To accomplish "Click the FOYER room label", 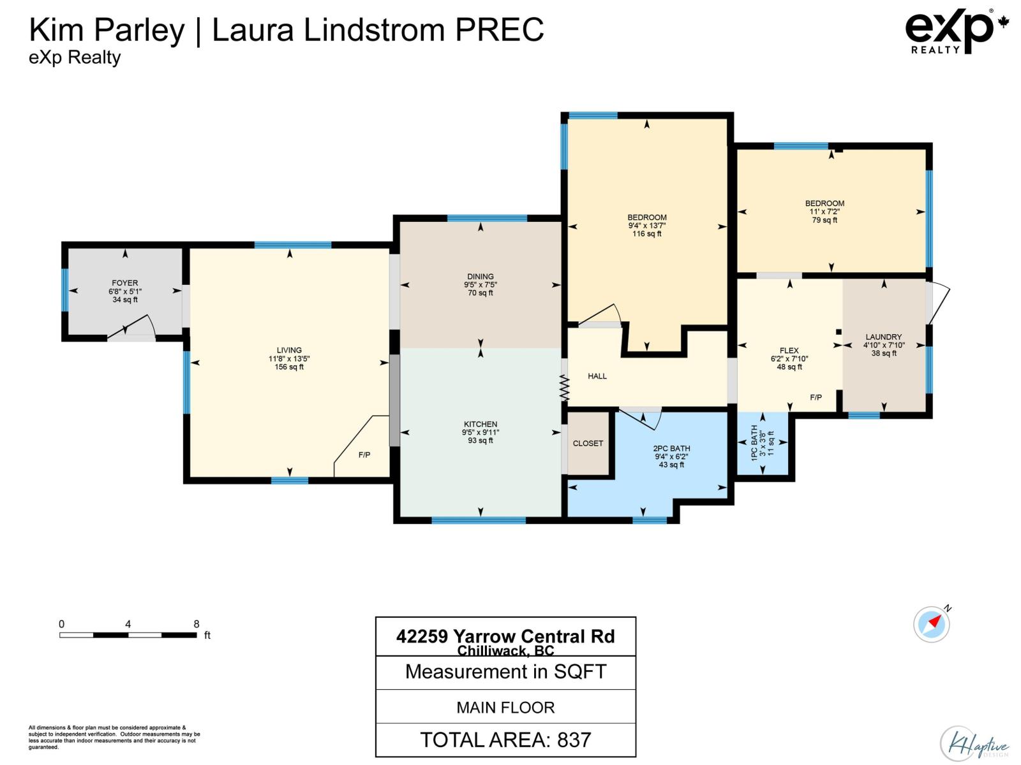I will pyautogui.click(x=125, y=283).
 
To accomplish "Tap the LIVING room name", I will pyautogui.click(x=289, y=350).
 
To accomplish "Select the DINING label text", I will pyautogui.click(x=481, y=277).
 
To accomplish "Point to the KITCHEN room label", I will pyautogui.click(x=481, y=424).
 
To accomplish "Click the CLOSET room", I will pyautogui.click(x=588, y=444).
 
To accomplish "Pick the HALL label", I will pyautogui.click(x=597, y=376).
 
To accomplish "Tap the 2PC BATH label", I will pyautogui.click(x=671, y=448).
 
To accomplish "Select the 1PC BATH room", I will pyautogui.click(x=762, y=443).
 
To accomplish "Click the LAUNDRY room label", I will pyautogui.click(x=884, y=337).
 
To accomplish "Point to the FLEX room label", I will pyautogui.click(x=789, y=351).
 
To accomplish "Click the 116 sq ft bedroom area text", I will pyautogui.click(x=647, y=234).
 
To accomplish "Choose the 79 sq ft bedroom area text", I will pyautogui.click(x=824, y=220).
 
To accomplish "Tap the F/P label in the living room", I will pyautogui.click(x=364, y=455).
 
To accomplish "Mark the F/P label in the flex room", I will pyautogui.click(x=816, y=397).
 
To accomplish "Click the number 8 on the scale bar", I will pyautogui.click(x=197, y=624).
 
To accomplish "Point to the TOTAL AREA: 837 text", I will pyautogui.click(x=505, y=739).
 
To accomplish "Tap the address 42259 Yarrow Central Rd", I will pyautogui.click(x=505, y=636).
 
